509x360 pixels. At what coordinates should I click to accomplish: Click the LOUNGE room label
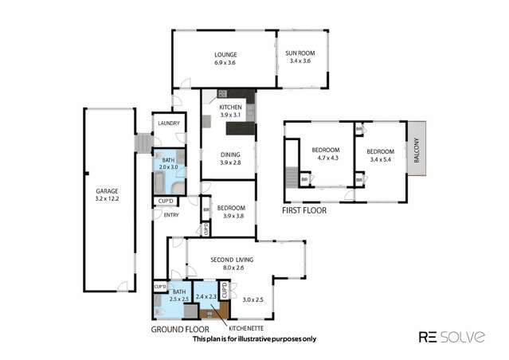[x=225, y=54]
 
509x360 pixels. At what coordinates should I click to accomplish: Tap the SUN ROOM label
[x=300, y=54]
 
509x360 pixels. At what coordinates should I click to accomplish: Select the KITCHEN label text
[x=230, y=107]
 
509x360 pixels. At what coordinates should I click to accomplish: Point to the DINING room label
[x=230, y=155]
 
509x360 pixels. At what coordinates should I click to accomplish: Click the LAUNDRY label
[x=168, y=123]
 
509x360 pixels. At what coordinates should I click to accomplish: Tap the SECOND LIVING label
[x=233, y=260]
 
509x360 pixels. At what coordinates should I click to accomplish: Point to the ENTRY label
[x=170, y=215]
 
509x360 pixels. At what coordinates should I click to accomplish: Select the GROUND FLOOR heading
[x=179, y=328]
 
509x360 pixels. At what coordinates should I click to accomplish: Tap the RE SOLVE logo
[x=452, y=336]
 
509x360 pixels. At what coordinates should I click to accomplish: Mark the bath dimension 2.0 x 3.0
[x=168, y=167]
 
